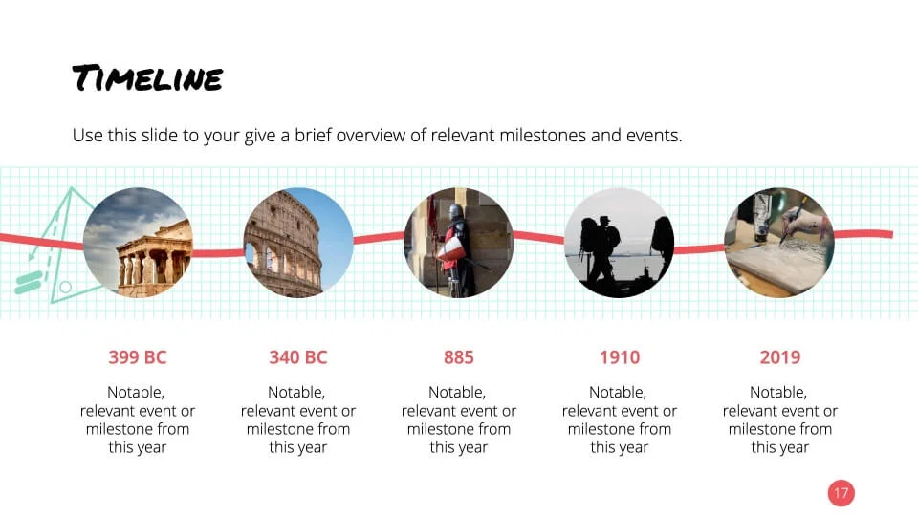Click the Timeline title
coord(147,77)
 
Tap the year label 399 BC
coord(138,356)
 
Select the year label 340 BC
coord(298,356)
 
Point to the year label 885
coord(458,356)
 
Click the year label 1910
coord(620,356)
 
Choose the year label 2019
coord(780,356)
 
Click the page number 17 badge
coord(841,493)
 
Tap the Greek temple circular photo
coord(138,242)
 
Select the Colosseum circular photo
coord(298,242)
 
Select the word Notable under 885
coord(457,392)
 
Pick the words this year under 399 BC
coord(138,447)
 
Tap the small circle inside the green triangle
coord(66,288)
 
